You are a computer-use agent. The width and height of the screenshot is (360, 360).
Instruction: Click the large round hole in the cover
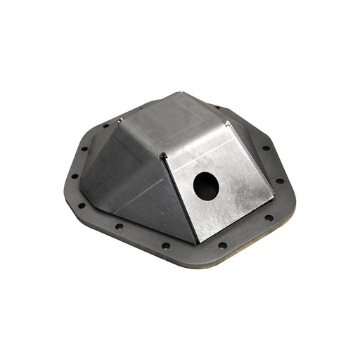pyautogui.click(x=206, y=184)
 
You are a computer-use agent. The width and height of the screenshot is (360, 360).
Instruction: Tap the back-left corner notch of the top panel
pyautogui.click(x=120, y=120)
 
